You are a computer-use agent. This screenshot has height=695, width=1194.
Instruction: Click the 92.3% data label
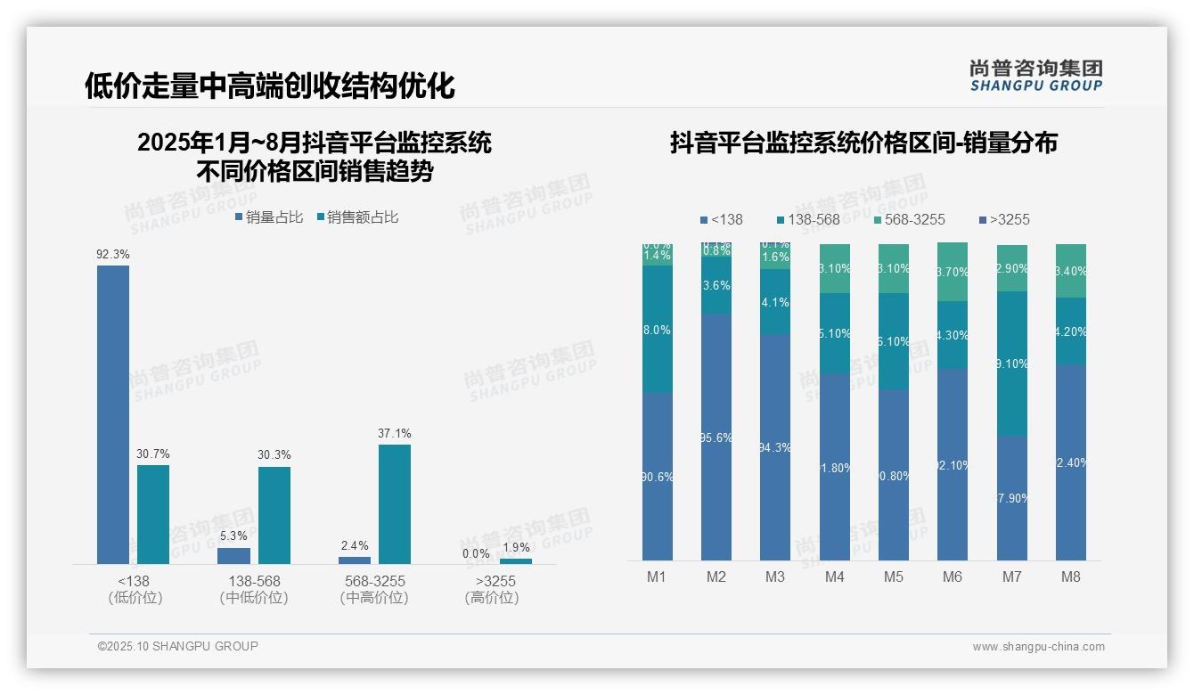pyautogui.click(x=113, y=254)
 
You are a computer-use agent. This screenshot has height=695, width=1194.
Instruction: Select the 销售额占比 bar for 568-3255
pyautogui.click(x=395, y=503)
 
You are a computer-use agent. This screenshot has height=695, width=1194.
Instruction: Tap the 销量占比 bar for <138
pyautogui.click(x=113, y=414)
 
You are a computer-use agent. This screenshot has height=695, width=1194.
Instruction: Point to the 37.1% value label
pyautogui.click(x=395, y=434)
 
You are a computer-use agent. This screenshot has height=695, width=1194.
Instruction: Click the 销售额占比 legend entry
pyautogui.click(x=357, y=217)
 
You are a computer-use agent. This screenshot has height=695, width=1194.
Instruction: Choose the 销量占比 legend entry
pyautogui.click(x=269, y=217)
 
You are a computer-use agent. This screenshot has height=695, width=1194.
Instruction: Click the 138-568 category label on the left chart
pyautogui.click(x=254, y=581)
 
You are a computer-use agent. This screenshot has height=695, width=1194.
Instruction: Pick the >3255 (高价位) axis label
pyautogui.click(x=492, y=589)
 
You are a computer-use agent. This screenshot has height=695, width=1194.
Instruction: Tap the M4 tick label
pyautogui.click(x=834, y=576)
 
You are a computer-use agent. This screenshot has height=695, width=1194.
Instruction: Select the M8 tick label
pyautogui.click(x=1070, y=576)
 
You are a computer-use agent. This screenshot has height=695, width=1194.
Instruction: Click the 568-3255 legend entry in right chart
pyautogui.click(x=909, y=220)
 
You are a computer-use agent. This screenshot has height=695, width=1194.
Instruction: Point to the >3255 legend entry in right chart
pyautogui.click(x=1003, y=220)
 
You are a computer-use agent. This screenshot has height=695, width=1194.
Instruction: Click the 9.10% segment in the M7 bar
pyautogui.click(x=1011, y=364)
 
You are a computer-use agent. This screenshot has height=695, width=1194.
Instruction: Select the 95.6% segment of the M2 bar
pyautogui.click(x=716, y=437)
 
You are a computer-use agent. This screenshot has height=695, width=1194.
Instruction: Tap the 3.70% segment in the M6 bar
pyautogui.click(x=953, y=272)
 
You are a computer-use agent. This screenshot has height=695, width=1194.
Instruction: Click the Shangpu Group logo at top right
pyautogui.click(x=1036, y=76)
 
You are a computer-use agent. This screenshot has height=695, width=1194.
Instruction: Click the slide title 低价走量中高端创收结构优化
pyautogui.click(x=269, y=86)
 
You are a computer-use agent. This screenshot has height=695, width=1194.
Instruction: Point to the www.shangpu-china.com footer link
pyautogui.click(x=1038, y=647)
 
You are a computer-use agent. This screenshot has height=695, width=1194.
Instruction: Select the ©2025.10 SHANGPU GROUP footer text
pyautogui.click(x=178, y=646)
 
